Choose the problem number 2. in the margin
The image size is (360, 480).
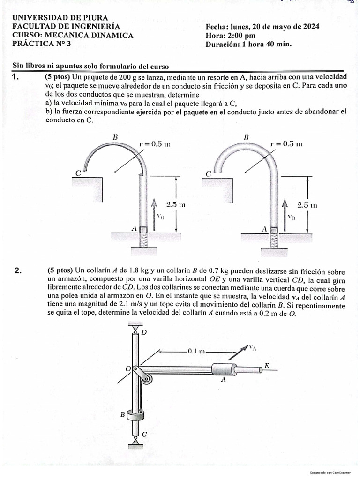coord(18,270)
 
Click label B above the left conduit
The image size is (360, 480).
coord(114,137)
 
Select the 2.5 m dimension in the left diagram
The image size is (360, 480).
coord(176,204)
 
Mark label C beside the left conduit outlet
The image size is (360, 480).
coord(78,173)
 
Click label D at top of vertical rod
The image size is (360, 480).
coord(144,332)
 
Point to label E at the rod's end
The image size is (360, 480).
coord(267,365)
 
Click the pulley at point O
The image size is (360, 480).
coord(139,370)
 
